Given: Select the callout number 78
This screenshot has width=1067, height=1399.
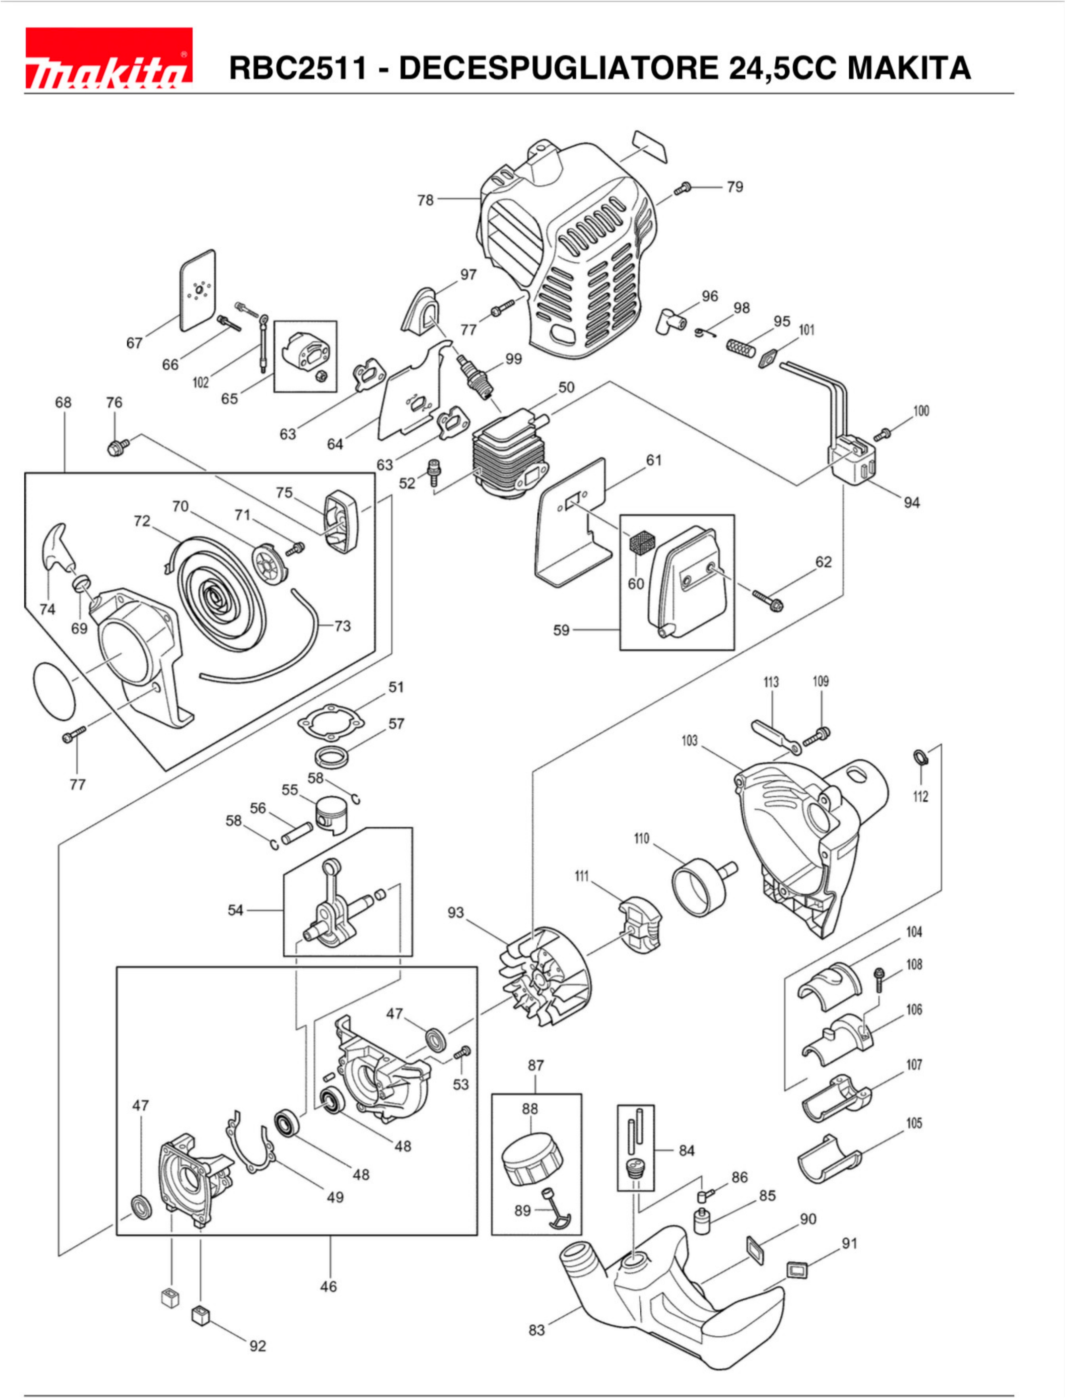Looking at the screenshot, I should (x=425, y=200).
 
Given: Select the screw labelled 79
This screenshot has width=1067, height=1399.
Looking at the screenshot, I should (x=683, y=188).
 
